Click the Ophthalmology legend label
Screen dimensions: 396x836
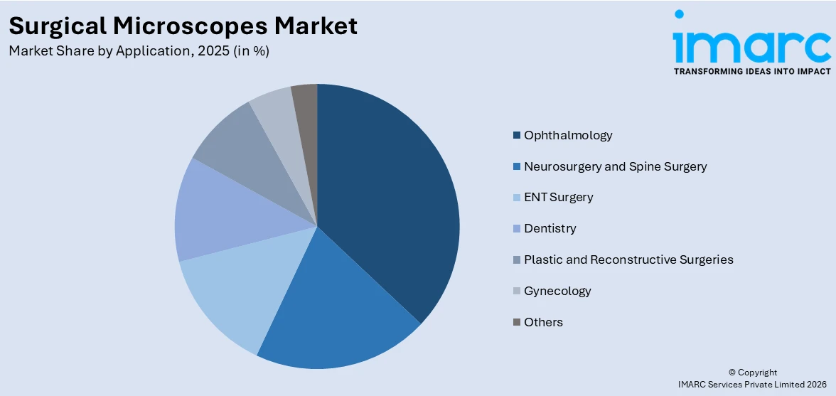[x=568, y=135]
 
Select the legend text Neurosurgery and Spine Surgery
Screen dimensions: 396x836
[x=615, y=166]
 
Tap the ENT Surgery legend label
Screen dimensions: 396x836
[x=558, y=198]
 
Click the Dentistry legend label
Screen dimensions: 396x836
[x=550, y=228]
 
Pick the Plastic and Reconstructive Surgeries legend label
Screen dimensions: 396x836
[x=628, y=259]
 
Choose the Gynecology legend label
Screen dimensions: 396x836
[x=557, y=291]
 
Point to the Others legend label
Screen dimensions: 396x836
[x=543, y=322]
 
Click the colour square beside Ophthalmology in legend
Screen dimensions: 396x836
[x=517, y=135]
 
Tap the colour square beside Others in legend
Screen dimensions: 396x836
[x=517, y=322]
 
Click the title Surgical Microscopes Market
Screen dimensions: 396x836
[x=183, y=26]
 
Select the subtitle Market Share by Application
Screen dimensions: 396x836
[x=139, y=51]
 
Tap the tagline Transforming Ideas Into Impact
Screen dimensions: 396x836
[x=751, y=71]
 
